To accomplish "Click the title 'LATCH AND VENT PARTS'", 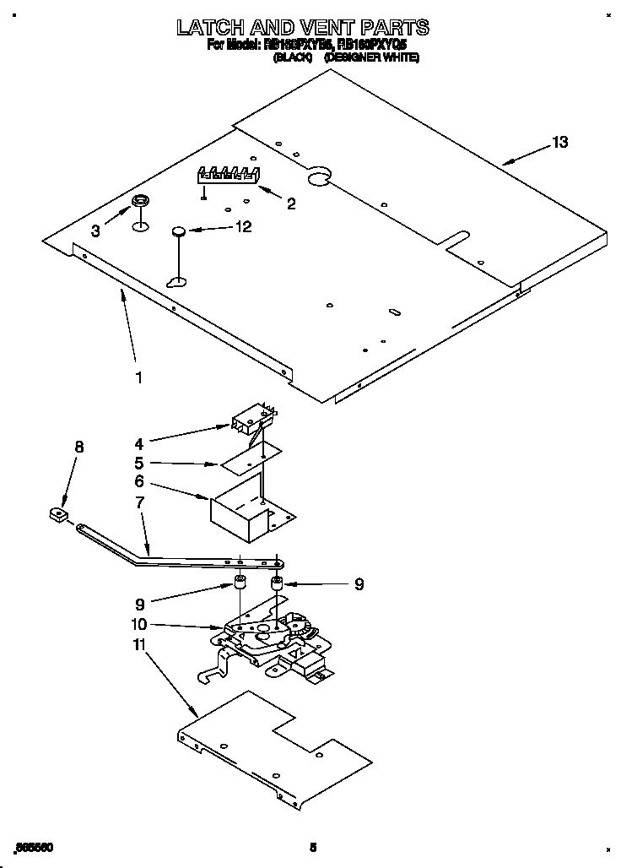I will [x=302, y=28].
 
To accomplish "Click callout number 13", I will [x=559, y=143].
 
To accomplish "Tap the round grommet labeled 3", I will [x=139, y=202].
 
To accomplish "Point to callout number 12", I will [x=243, y=226].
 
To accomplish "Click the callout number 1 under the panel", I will [x=139, y=377].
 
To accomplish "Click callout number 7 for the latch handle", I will [x=139, y=503].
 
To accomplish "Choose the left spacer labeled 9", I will [x=240, y=582].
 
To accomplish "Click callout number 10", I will [x=139, y=625].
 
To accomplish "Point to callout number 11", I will [x=139, y=645].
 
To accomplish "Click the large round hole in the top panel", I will [x=318, y=176].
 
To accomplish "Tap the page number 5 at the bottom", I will [x=312, y=847].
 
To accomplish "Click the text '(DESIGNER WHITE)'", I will [x=371, y=58].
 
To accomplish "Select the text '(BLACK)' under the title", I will [x=293, y=58].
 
